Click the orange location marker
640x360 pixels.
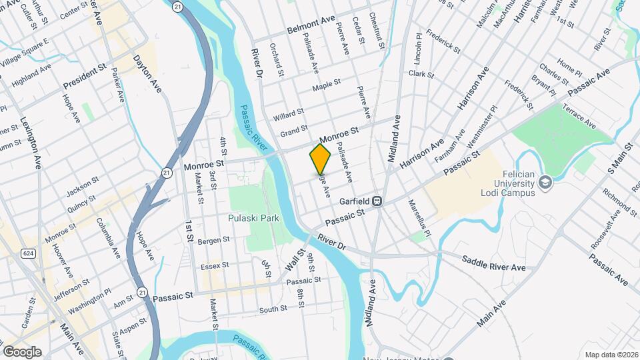[x=320, y=159]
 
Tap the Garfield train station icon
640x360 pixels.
[x=377, y=200]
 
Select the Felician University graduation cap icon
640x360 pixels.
[x=545, y=182]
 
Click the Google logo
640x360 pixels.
[x=22, y=352]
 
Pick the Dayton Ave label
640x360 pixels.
[x=148, y=73]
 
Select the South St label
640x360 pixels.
[x=273, y=309]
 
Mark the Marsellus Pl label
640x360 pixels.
[x=421, y=215]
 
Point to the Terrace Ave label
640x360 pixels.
[x=579, y=115]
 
